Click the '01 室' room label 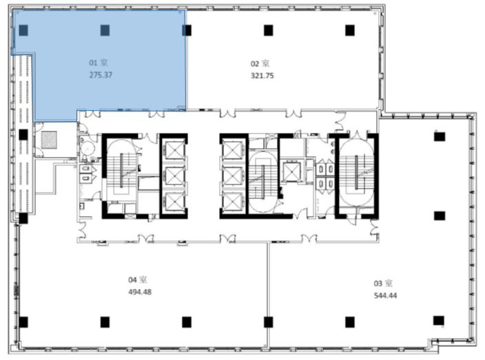[x=99, y=63]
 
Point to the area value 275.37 [x=101, y=75]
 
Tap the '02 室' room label [x=260, y=63]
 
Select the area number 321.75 [x=262, y=76]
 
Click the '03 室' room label [x=383, y=284]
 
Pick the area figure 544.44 [x=385, y=295]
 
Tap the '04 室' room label [x=138, y=279]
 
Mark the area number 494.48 [x=140, y=292]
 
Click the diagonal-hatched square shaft [x=49, y=140]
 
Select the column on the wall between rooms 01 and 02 [x=187, y=30]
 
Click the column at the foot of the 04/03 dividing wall [x=268, y=322]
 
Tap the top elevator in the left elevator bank [x=174, y=150]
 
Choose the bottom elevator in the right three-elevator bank [x=232, y=202]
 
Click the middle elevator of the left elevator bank [x=174, y=176]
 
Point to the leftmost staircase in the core [x=121, y=171]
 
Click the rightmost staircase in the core [x=356, y=173]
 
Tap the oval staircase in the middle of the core [x=263, y=182]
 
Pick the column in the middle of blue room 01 [x=105, y=30]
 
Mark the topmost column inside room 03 [x=440, y=136]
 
